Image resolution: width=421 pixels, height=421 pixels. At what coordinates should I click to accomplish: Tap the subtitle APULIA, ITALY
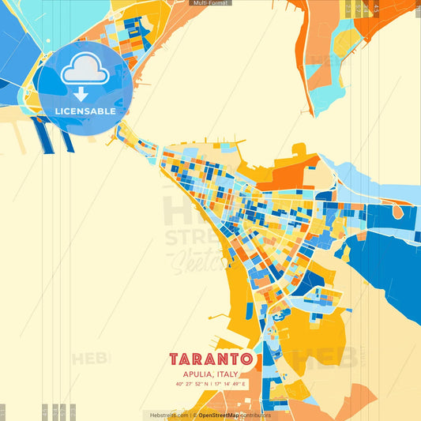(x=210, y=374)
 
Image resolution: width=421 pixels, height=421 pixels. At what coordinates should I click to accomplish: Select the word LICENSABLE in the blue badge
(x=85, y=111)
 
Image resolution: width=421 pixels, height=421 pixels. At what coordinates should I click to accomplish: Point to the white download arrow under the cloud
(x=81, y=94)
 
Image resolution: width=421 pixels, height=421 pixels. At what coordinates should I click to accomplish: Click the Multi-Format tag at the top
(x=210, y=3)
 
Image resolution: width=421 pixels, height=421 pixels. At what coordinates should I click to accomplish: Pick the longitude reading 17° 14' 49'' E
(x=230, y=385)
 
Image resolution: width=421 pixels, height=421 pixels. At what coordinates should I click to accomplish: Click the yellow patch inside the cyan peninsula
(x=344, y=43)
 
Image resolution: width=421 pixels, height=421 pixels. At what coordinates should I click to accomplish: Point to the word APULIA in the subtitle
(x=197, y=374)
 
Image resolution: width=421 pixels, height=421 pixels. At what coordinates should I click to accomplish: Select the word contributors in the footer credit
(x=256, y=415)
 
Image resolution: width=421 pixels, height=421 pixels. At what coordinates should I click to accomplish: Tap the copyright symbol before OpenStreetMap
(x=194, y=415)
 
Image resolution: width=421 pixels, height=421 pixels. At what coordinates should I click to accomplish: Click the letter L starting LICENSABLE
(x=58, y=111)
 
